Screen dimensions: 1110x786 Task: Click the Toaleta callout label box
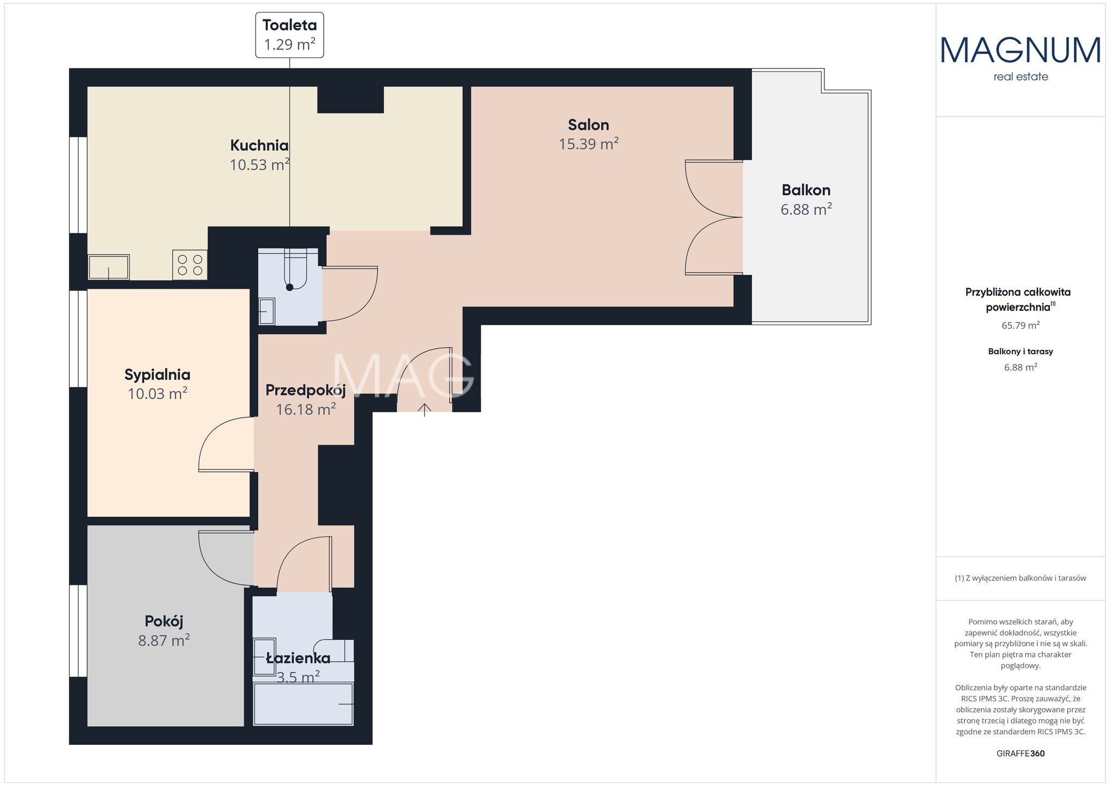coord(289,35)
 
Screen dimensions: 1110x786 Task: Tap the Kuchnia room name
coord(259,145)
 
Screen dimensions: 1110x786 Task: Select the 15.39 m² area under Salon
coord(589,144)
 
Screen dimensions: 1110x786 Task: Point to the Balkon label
coord(806,190)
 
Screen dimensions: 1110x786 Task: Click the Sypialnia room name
coord(157,375)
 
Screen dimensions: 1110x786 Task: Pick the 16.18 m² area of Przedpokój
coord(306,409)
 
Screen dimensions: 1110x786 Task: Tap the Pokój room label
coord(164,621)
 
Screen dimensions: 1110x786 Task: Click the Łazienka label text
coord(298,659)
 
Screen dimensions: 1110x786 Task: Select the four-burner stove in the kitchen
coord(190,265)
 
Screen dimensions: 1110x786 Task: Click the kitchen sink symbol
coord(109,267)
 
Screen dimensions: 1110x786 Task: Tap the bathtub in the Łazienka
coord(304,704)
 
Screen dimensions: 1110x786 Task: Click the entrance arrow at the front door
coord(424,410)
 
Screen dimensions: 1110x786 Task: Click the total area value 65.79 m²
coord(1021,325)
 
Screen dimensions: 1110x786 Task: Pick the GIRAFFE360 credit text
coord(1021,753)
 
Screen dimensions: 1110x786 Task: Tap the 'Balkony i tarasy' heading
coord(1021,352)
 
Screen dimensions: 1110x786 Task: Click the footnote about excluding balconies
coord(1021,578)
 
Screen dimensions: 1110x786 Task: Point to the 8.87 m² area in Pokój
coord(164,641)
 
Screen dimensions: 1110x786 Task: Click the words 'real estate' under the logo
coord(1021,77)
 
